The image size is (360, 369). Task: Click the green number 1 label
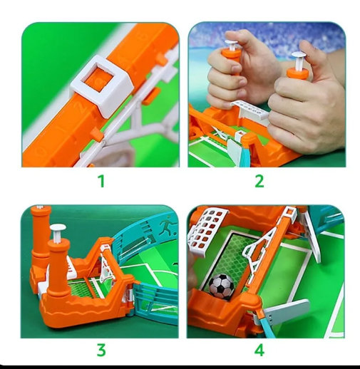101,181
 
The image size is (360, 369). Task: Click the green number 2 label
259,181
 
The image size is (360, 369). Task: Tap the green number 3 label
101,350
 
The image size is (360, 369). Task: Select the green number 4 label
259,350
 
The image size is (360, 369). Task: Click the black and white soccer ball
222,286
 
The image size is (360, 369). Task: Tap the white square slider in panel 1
101,85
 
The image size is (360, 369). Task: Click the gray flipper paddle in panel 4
287,309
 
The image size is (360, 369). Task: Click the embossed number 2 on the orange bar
81,108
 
